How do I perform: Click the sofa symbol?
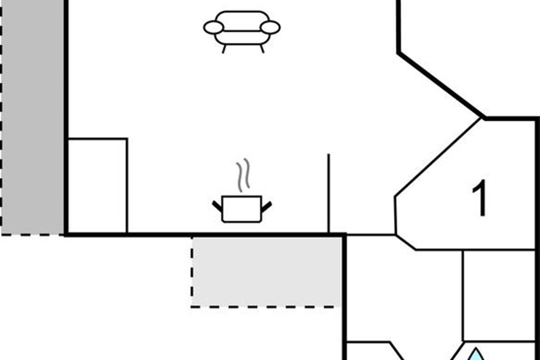242,31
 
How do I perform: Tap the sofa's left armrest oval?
214,27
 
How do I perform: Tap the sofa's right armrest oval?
270,27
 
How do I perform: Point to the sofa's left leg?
224,49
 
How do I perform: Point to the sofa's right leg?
262,49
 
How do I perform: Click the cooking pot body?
242,209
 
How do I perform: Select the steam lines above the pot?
243,175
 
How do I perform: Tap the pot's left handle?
217,207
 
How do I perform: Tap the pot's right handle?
266,207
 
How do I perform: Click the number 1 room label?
480,198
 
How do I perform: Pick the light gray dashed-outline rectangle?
266,272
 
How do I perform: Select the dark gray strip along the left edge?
33,117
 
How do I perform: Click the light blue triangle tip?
476,348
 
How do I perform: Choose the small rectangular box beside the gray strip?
97,186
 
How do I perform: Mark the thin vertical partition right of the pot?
328,193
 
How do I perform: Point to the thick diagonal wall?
441,85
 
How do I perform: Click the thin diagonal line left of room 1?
437,157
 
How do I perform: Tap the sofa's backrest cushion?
242,21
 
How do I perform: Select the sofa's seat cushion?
242,38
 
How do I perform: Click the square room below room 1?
499,296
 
